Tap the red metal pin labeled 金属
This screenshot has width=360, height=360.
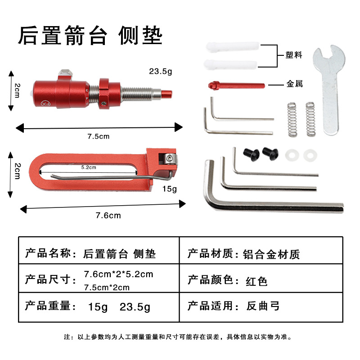pyautogui.click(x=237, y=85)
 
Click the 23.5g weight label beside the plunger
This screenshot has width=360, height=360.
pyautogui.click(x=161, y=72)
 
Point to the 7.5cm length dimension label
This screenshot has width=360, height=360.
pyautogui.click(x=98, y=136)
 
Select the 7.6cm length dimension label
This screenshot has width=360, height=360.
pyautogui.click(x=108, y=216)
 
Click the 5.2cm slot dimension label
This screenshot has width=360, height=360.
pyautogui.click(x=89, y=167)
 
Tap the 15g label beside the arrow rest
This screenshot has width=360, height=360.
pyautogui.click(x=170, y=189)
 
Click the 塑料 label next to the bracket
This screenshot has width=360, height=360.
pyautogui.click(x=294, y=55)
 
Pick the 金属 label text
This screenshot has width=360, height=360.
pyautogui.click(x=294, y=84)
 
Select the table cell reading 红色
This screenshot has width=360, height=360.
pyautogui.click(x=256, y=281)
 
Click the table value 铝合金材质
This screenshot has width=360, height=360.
pyautogui.click(x=271, y=254)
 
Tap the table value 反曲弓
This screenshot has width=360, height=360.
pyautogui.click(x=263, y=306)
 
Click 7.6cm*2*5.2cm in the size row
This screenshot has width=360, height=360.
pyautogui.click(x=118, y=274)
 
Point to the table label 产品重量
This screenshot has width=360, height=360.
pyautogui.click(x=47, y=306)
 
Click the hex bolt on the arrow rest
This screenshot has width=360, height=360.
pyautogui.click(x=169, y=159)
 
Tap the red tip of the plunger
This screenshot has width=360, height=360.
pyautogui.click(x=166, y=94)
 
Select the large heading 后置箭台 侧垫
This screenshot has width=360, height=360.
pyautogui.click(x=90, y=36)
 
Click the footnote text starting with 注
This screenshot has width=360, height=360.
pyautogui.click(x=178, y=337)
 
